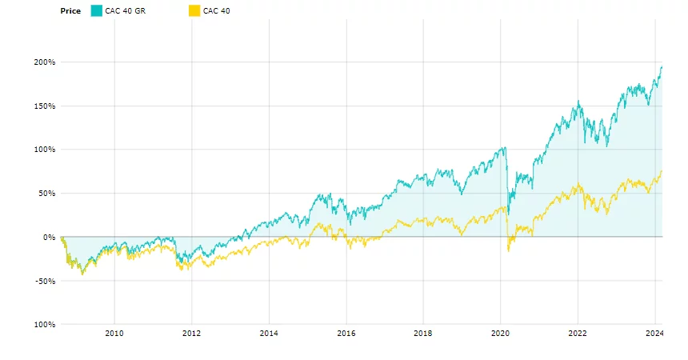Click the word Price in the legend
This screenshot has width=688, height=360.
click(x=70, y=10)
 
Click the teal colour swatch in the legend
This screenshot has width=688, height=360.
click(x=96, y=10)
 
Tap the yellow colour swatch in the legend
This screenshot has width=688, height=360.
click(x=194, y=10)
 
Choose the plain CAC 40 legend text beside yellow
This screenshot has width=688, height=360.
click(x=216, y=10)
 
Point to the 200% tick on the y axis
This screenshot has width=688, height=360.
click(x=45, y=62)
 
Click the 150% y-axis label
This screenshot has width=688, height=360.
click(x=45, y=106)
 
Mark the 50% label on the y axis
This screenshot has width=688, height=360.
click(x=47, y=194)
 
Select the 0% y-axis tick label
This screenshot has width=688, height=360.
click(x=49, y=237)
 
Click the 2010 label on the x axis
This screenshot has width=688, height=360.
click(x=114, y=333)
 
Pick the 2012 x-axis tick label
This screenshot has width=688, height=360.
click(x=191, y=333)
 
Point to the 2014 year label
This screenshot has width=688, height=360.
click(x=269, y=333)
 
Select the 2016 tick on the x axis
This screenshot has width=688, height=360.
click(x=346, y=333)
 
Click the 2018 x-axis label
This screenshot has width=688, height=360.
click(x=423, y=333)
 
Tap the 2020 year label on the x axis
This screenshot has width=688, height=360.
click(x=500, y=333)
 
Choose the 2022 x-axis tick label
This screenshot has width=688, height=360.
click(x=578, y=333)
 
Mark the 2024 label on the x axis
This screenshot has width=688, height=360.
click(x=654, y=333)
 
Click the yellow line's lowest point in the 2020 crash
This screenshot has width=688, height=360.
click(x=509, y=251)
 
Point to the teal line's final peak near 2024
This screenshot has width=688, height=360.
click(x=662, y=66)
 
